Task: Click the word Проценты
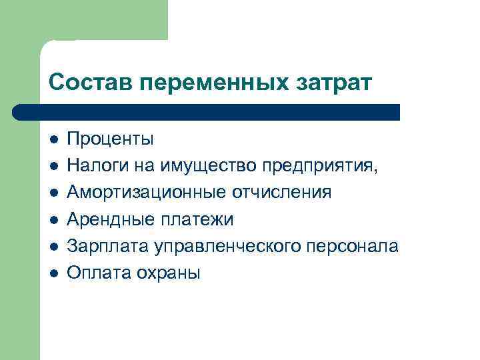click(x=111, y=139)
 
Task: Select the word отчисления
click(x=281, y=193)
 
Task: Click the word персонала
click(x=354, y=246)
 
